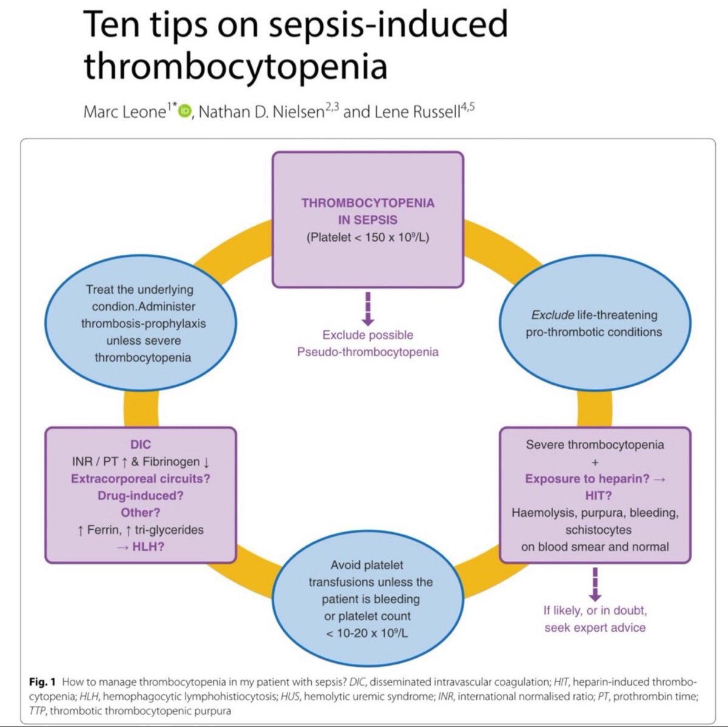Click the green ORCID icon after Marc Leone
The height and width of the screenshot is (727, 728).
click(185, 112)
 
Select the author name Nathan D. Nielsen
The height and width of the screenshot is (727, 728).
click(261, 112)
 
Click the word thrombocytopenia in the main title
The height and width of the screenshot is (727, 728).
click(235, 66)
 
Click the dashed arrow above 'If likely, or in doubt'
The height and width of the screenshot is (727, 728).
click(595, 584)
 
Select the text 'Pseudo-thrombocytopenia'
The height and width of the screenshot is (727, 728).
click(368, 352)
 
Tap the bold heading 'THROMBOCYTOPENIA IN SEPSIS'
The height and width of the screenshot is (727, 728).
click(368, 211)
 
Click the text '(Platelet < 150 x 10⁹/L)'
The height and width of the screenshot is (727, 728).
click(368, 237)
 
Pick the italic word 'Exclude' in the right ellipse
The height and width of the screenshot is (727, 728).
click(552, 315)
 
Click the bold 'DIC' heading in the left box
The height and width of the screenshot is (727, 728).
click(140, 445)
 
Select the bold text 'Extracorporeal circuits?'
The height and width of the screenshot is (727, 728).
click(140, 479)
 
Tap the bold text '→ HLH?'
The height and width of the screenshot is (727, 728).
click(140, 547)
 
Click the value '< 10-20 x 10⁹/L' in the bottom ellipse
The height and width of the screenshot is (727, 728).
click(367, 633)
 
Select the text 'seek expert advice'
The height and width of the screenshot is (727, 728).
click(595, 627)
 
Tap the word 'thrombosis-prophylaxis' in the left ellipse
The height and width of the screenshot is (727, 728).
click(143, 323)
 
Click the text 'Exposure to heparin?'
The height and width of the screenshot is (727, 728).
click(587, 479)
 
